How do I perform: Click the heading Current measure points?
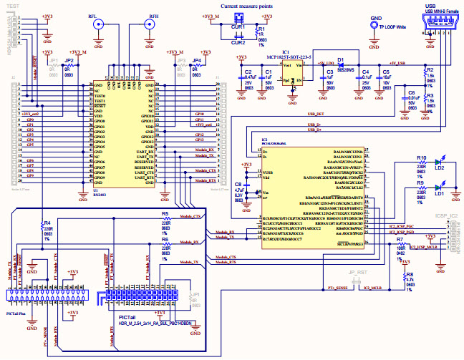coord(246,6)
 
